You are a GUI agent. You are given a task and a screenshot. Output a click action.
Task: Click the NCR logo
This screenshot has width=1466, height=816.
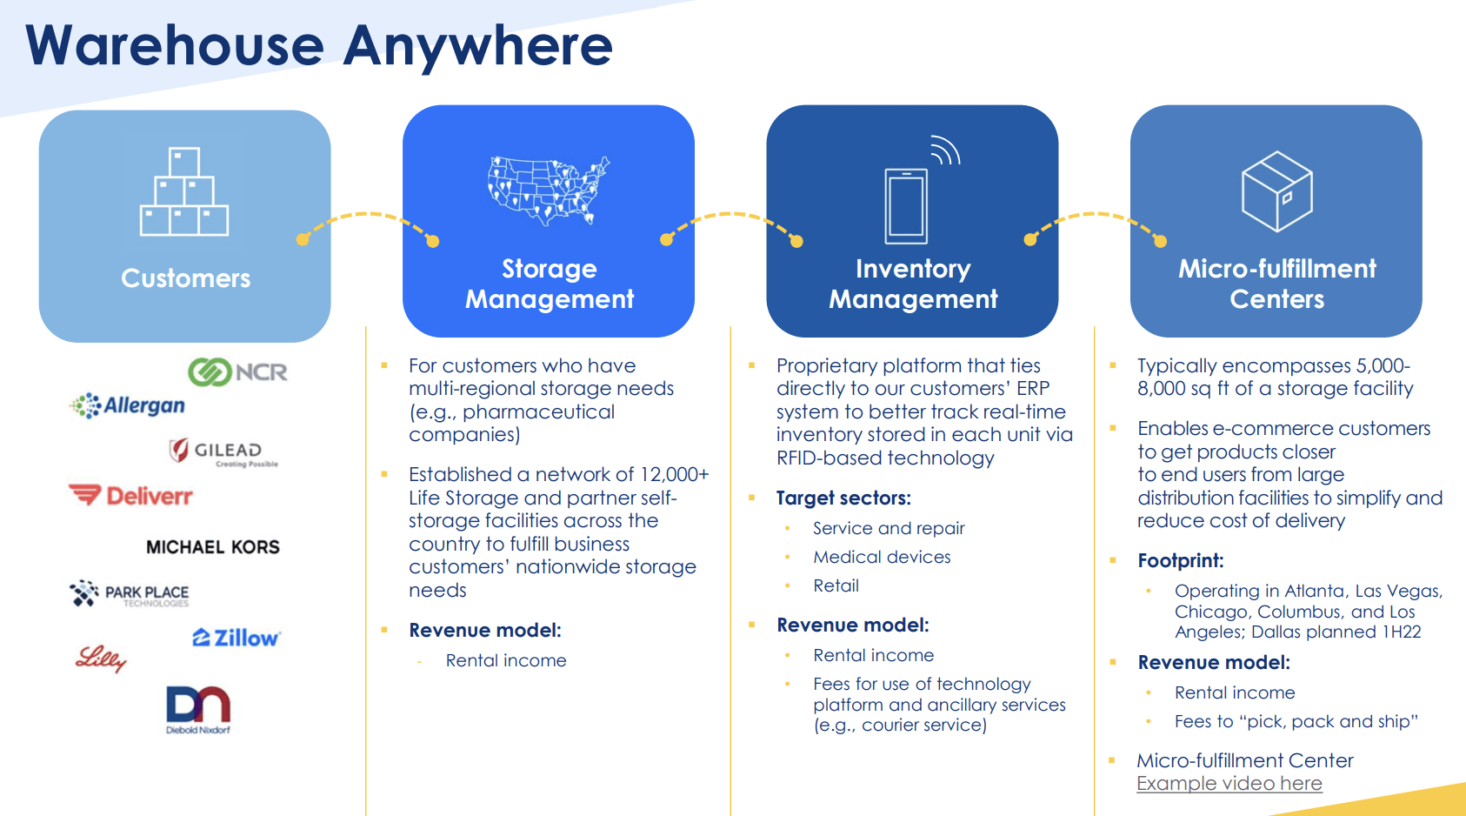237,372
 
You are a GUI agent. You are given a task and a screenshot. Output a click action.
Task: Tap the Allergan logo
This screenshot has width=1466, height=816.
128,405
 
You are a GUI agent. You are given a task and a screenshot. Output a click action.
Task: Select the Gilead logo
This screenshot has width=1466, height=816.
223,451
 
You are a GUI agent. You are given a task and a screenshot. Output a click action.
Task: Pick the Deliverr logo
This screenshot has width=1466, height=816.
131,496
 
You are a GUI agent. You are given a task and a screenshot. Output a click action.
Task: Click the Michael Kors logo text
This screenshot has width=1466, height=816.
213,547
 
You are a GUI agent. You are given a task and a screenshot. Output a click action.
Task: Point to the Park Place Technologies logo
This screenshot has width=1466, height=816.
130,594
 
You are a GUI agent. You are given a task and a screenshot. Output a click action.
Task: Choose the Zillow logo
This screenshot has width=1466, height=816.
236,638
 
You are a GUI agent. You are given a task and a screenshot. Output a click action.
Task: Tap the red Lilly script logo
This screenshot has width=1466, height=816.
101,659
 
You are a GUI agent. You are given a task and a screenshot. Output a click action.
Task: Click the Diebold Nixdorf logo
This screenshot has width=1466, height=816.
198,709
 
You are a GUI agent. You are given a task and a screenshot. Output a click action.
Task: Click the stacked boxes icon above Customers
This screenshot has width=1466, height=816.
184,192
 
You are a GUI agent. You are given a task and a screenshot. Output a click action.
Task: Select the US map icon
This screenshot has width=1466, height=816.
549,191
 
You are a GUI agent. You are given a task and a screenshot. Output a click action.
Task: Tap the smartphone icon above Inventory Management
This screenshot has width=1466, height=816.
907,205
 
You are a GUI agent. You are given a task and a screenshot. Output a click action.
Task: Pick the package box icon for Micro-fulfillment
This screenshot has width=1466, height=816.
1276,191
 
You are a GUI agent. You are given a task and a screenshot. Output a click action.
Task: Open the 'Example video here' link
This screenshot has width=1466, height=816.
1229,784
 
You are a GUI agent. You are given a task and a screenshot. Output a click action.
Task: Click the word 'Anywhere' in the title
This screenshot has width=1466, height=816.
478,45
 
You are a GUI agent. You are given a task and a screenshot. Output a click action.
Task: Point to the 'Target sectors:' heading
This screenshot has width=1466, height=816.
843,498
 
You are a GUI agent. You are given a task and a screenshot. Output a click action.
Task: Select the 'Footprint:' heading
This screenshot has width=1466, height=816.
1180,561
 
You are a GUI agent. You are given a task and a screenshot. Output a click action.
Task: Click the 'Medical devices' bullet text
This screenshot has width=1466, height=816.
882,557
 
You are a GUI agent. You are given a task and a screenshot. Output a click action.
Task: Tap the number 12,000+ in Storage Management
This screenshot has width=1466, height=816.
674,475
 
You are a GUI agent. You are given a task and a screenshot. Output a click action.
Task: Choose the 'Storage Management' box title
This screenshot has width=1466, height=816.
550,284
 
